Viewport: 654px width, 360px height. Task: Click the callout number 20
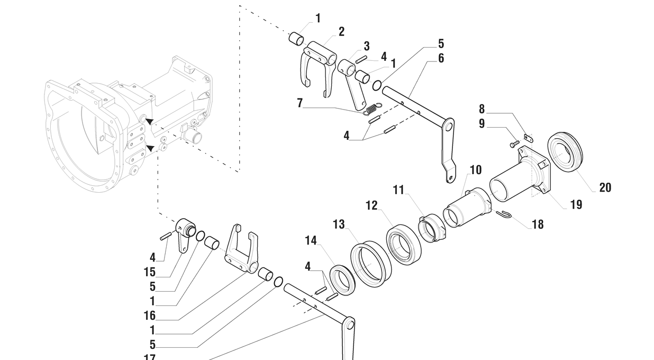pyautogui.click(x=605, y=187)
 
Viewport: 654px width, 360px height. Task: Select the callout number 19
pyautogui.click(x=576, y=204)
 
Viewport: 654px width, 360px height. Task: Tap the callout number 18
pyautogui.click(x=538, y=224)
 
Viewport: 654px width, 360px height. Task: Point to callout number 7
pyautogui.click(x=300, y=103)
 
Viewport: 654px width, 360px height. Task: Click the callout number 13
pyautogui.click(x=339, y=224)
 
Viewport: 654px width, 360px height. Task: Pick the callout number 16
pyautogui.click(x=150, y=316)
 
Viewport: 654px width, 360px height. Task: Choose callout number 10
pyautogui.click(x=476, y=170)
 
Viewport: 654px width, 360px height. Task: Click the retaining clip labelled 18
pyautogui.click(x=504, y=214)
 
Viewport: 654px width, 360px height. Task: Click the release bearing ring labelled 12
pyautogui.click(x=404, y=244)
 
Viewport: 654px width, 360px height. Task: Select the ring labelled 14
pyautogui.click(x=342, y=280)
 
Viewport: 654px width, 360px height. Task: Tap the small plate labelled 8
pyautogui.click(x=529, y=138)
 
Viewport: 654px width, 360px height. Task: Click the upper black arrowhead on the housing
pyautogui.click(x=150, y=121)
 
